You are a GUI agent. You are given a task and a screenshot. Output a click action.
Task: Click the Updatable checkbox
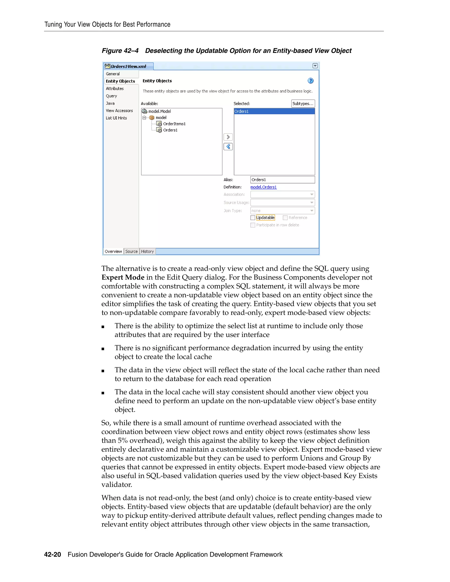point(253,218)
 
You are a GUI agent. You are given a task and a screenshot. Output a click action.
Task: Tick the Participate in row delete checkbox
point(253,225)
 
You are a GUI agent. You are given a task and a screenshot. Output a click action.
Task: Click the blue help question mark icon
point(310,81)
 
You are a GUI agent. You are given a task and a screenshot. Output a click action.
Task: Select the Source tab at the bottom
point(131,251)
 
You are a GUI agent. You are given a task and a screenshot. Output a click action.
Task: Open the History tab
point(147,251)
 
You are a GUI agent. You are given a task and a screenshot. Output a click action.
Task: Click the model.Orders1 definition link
point(263,187)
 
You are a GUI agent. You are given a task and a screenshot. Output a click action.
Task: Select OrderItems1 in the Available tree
point(174,124)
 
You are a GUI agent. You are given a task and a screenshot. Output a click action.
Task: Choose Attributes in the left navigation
point(115,89)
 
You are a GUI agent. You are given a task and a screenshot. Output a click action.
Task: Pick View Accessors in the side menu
point(119,111)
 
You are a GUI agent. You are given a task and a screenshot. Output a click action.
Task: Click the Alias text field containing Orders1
point(282,180)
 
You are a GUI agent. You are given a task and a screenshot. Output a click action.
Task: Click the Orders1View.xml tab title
point(128,66)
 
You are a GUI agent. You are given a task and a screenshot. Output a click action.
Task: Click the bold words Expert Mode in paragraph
point(123,277)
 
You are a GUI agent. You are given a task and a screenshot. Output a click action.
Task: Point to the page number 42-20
point(53,555)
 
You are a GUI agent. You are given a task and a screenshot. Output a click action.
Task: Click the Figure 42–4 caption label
point(120,51)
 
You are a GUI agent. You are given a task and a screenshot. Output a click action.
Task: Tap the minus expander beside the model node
point(144,117)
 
